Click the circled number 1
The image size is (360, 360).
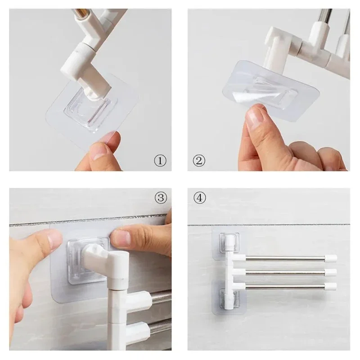160,160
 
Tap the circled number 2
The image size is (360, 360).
198,159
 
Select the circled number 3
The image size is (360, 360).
161,198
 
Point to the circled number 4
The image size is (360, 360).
199,198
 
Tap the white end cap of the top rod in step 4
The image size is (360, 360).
331,258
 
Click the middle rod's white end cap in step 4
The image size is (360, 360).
331,272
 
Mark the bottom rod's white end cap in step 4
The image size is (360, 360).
331,286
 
